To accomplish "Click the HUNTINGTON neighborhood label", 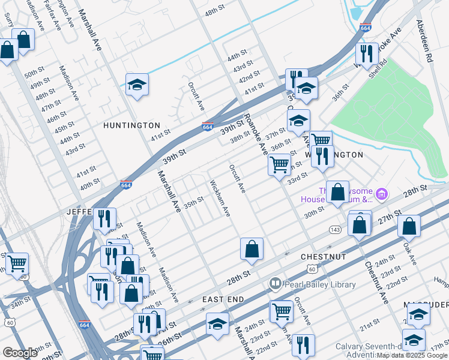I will click(131, 125).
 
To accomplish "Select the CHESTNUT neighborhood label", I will click(324, 257).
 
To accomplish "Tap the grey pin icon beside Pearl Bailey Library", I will click(276, 283).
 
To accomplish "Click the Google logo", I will click(20, 353).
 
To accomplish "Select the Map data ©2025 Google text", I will click(412, 355).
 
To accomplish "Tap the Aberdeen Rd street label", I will click(425, 43).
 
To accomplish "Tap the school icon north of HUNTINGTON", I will click(137, 85).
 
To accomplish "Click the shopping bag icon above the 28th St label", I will click(252, 248).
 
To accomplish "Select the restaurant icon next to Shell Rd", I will click(367, 54).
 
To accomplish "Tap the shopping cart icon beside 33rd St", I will click(279, 164).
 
